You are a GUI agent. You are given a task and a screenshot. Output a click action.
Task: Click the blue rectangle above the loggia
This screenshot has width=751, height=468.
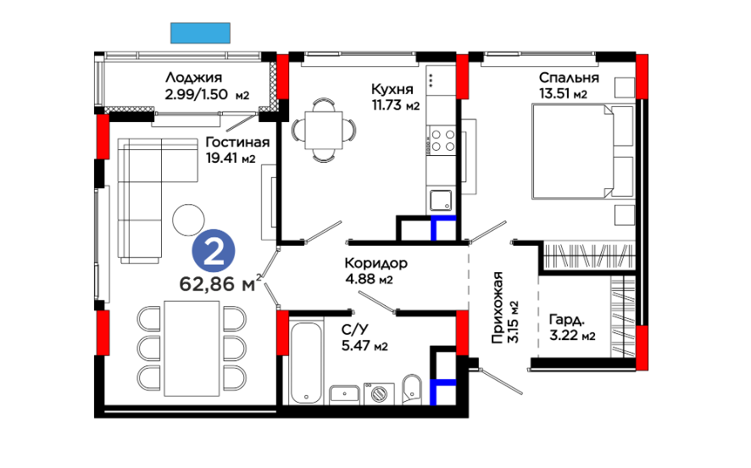click(200, 33)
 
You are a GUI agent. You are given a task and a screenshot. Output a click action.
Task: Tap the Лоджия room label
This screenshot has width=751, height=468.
click(193, 78)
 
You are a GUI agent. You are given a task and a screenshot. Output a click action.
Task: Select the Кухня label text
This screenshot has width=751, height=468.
click(392, 89)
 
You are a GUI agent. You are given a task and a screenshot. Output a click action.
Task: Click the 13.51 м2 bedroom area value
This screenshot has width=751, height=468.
click(563, 93)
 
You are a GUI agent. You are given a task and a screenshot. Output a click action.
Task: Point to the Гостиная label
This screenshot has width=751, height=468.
click(237, 142)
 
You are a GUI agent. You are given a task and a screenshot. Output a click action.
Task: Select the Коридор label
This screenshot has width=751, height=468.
click(376, 263)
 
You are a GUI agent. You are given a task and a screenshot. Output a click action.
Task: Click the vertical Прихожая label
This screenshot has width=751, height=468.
click(498, 308)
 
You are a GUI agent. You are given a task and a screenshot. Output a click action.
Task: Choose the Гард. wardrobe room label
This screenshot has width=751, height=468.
click(566, 320)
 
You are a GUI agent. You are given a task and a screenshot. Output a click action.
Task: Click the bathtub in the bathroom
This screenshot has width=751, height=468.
click(307, 363)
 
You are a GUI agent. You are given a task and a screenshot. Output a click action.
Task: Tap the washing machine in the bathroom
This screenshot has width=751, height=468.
click(380, 393)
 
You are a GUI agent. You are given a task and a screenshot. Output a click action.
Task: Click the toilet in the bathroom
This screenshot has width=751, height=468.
click(411, 389)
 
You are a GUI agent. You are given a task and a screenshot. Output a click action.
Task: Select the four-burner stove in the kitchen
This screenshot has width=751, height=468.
click(442, 141)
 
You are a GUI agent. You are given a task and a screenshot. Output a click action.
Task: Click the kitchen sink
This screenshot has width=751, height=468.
click(441, 200)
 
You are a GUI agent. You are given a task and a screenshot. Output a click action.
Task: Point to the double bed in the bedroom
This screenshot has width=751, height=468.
click(583, 152)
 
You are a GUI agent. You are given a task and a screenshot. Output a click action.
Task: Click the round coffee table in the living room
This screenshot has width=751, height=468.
click(189, 220)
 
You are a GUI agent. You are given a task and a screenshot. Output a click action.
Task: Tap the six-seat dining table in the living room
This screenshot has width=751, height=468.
click(192, 348)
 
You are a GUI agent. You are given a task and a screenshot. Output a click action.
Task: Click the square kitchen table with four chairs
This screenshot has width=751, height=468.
click(325, 130)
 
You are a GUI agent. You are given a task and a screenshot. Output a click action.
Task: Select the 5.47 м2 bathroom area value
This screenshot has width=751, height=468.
click(364, 346)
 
